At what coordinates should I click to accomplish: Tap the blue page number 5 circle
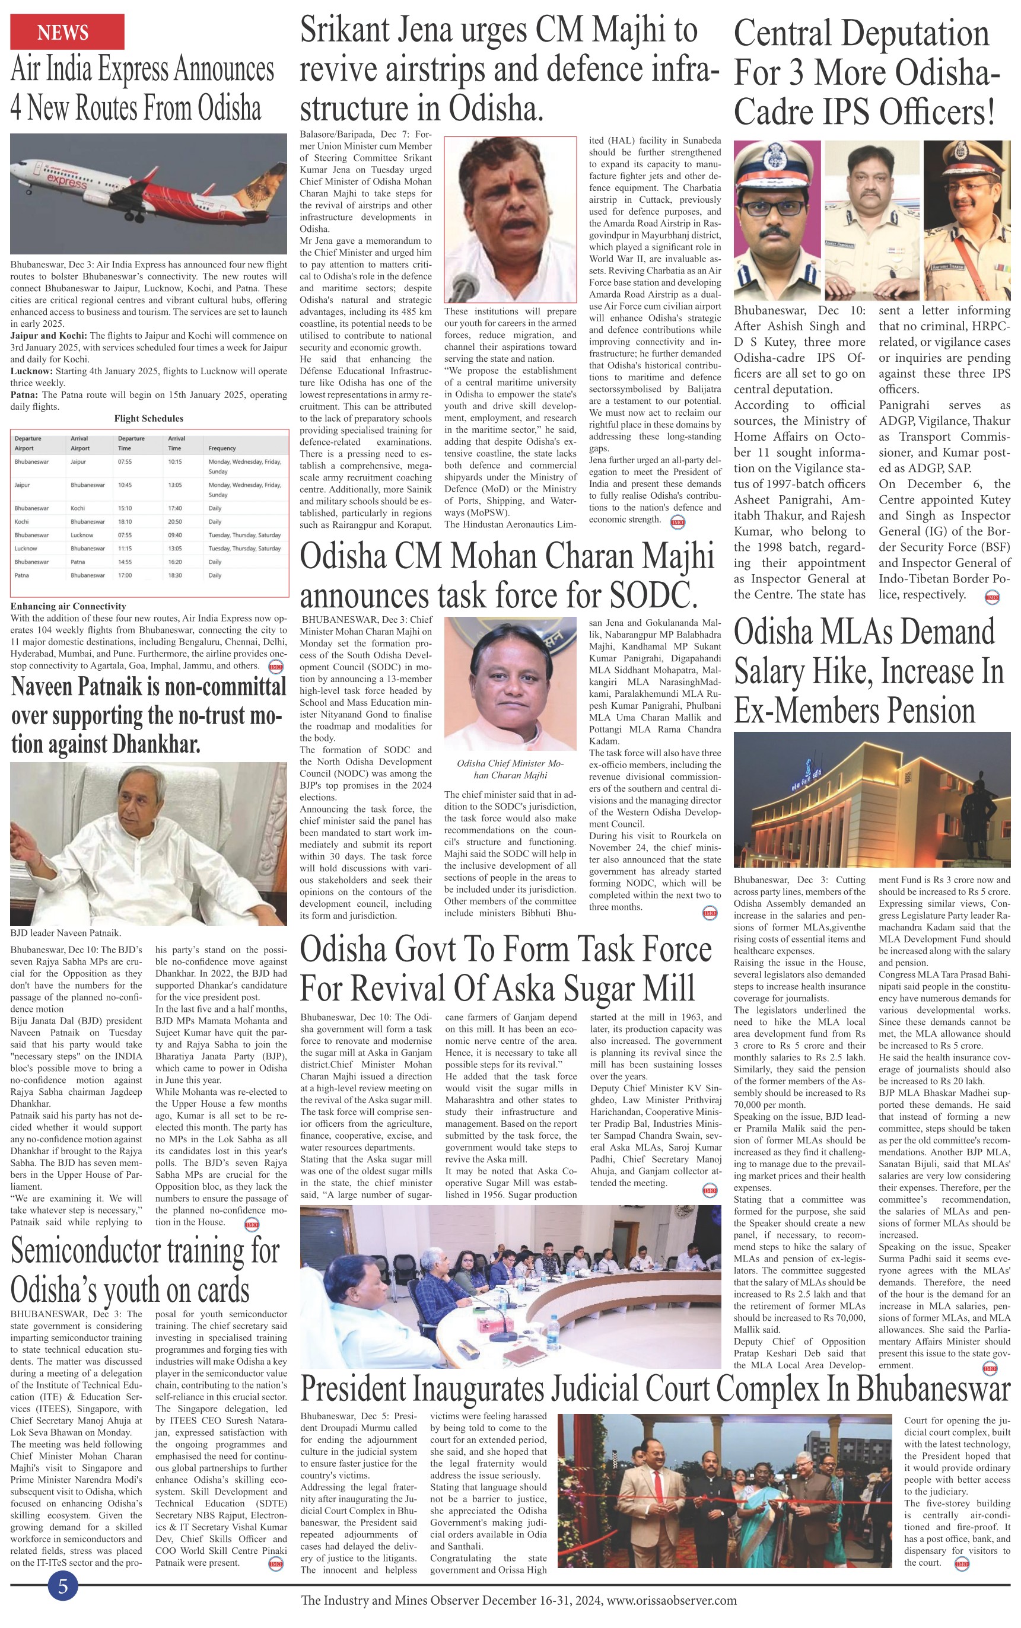(x=63, y=1585)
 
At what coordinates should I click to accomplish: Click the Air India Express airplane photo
(x=148, y=194)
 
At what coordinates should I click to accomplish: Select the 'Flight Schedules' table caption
(x=148, y=419)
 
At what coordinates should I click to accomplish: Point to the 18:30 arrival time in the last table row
(x=175, y=576)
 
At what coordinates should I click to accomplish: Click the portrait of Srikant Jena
(x=510, y=219)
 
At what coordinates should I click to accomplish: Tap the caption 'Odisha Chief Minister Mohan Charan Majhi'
(x=510, y=769)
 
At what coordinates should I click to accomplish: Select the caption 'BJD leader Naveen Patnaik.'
(x=65, y=933)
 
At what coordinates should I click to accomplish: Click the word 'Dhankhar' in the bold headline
(x=156, y=744)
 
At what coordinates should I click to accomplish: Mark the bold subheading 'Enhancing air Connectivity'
(x=68, y=606)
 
